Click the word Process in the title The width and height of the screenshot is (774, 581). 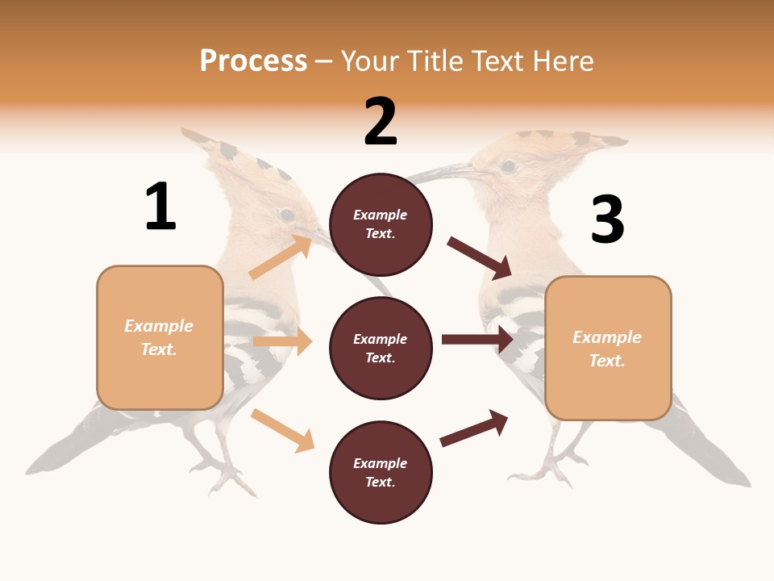(253, 61)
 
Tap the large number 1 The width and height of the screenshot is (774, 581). (160, 207)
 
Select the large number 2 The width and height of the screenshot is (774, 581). (381, 121)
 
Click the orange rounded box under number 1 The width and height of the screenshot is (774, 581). (160, 337)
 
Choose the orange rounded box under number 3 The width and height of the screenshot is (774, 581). (608, 349)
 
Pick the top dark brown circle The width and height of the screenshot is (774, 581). (381, 224)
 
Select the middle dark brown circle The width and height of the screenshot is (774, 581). (381, 348)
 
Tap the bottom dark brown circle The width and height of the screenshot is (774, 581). (381, 472)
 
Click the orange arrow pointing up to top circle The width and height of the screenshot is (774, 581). (280, 257)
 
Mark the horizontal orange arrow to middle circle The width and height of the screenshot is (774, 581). (282, 341)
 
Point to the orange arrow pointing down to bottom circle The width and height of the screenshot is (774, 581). (282, 430)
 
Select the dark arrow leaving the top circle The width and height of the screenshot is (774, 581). (480, 258)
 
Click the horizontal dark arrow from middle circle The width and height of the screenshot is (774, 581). (477, 340)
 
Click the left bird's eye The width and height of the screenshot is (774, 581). (286, 215)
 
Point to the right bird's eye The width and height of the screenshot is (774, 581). (508, 167)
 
